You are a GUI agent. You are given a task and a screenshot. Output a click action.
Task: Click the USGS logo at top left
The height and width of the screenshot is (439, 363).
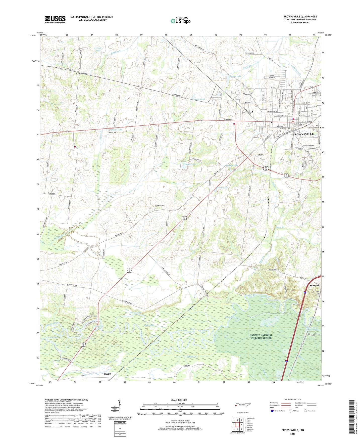55,19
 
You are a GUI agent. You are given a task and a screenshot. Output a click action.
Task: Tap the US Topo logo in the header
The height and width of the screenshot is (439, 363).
180,21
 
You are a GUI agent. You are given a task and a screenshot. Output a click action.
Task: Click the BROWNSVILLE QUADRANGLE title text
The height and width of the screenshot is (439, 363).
300,17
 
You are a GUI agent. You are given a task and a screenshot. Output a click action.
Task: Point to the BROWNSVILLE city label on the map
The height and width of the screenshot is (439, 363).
303,134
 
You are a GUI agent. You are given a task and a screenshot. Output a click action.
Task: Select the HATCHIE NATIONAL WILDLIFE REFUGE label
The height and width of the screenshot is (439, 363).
261,337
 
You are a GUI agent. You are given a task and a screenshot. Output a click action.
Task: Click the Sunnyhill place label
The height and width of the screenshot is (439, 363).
315,286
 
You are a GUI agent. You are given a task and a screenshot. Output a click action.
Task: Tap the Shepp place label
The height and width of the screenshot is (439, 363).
108,374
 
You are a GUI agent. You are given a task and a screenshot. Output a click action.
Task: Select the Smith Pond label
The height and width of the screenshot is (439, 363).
199,99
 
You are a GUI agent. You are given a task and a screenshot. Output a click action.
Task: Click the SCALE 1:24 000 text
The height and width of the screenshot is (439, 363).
179,400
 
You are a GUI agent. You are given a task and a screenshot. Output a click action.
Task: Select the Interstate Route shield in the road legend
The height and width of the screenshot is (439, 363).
272,411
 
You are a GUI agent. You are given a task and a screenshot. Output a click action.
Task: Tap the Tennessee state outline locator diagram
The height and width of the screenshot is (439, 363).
243,405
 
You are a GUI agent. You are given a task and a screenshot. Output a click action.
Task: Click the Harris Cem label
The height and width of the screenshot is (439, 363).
113,133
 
